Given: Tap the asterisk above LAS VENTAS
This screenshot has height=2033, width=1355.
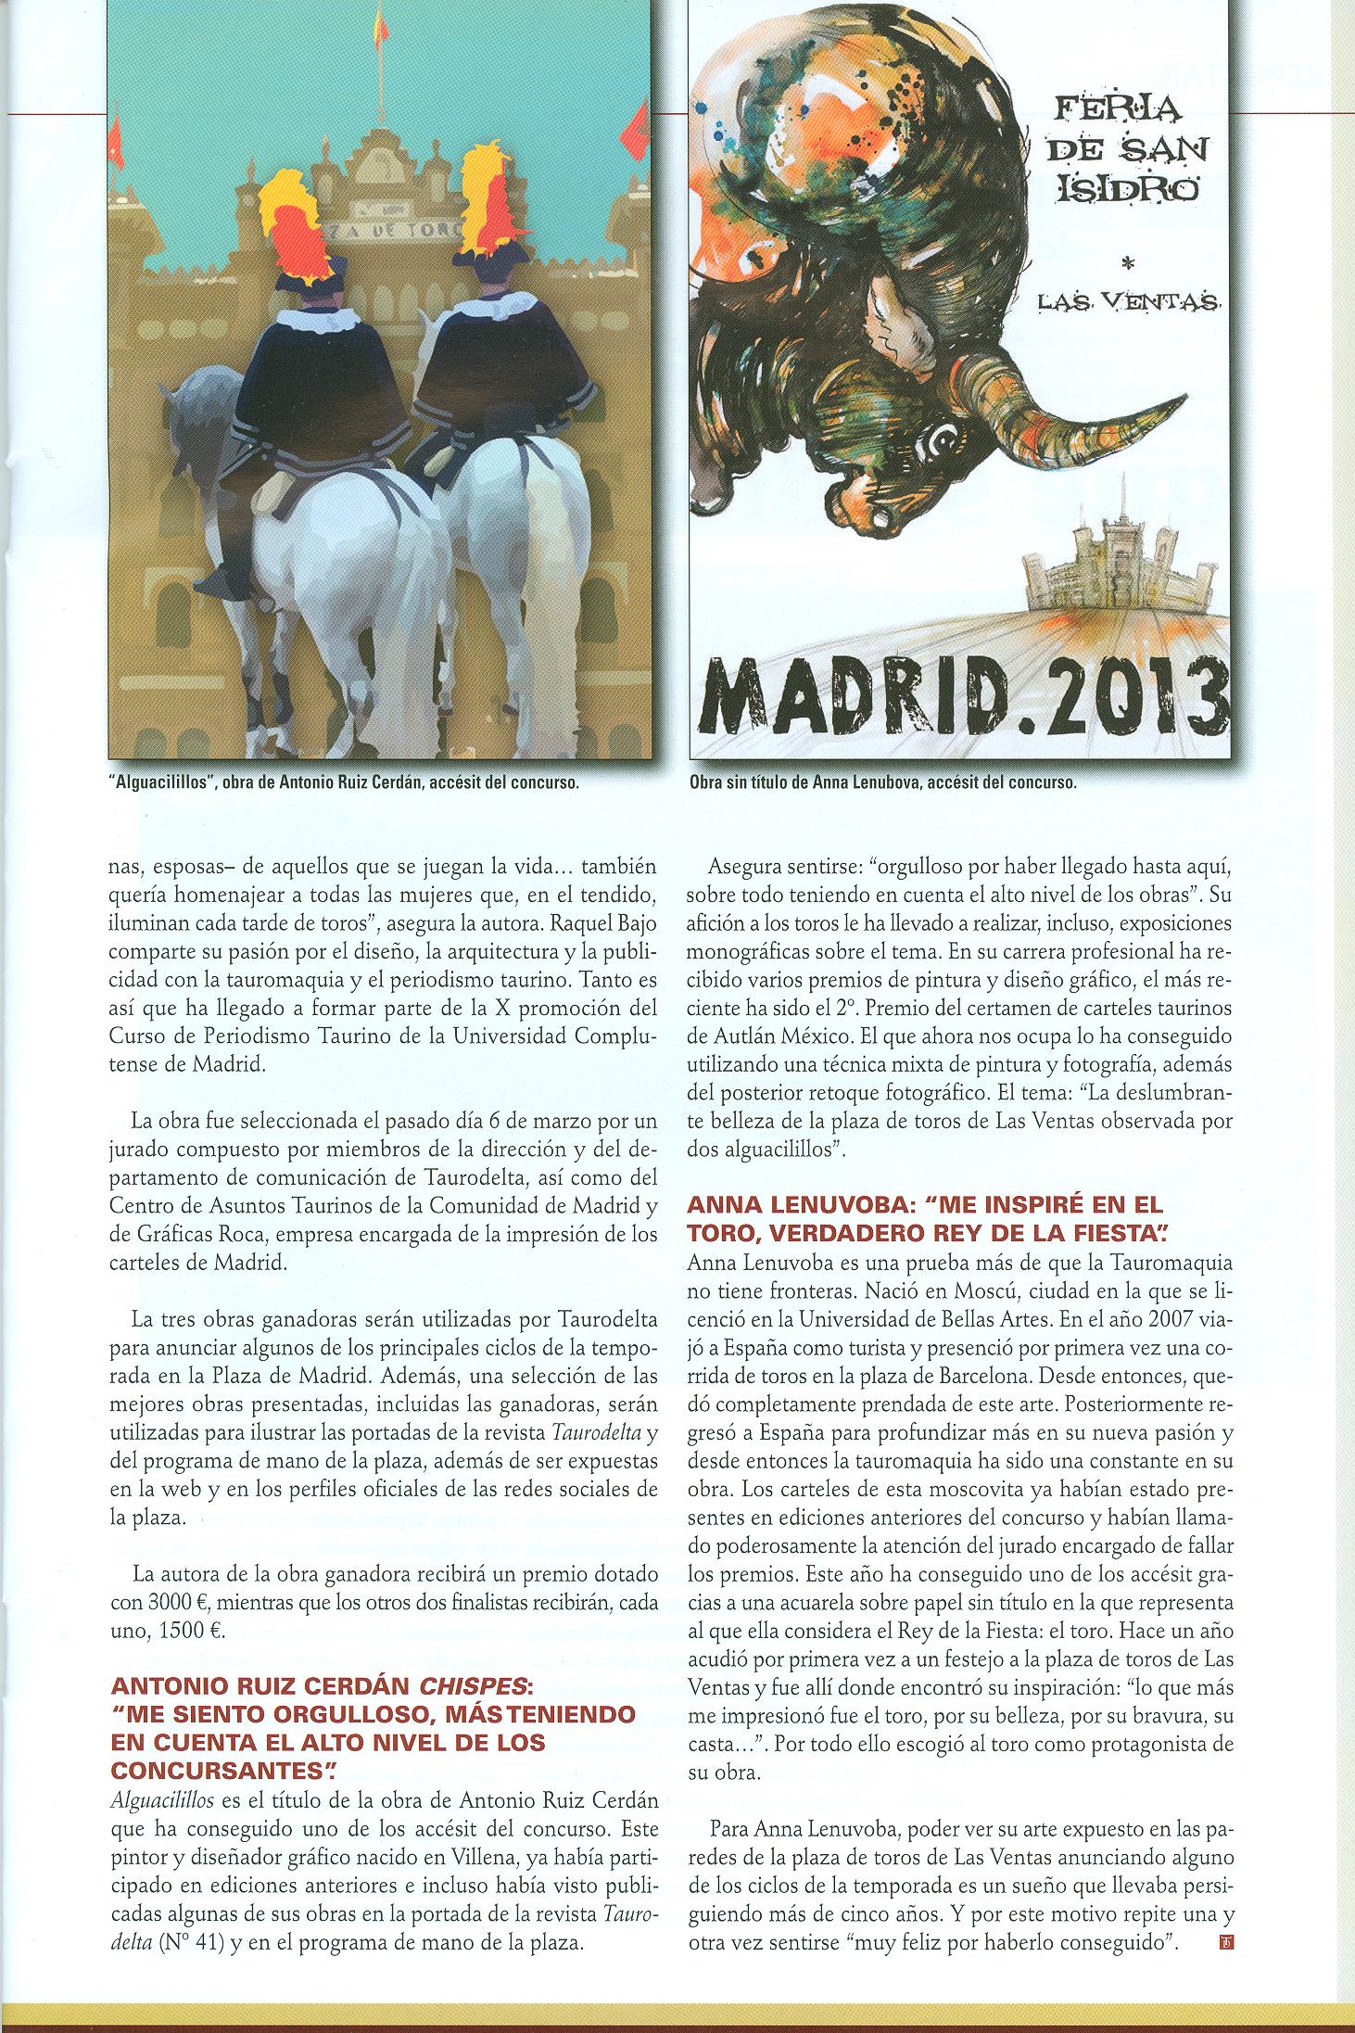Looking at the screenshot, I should [1128, 263].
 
